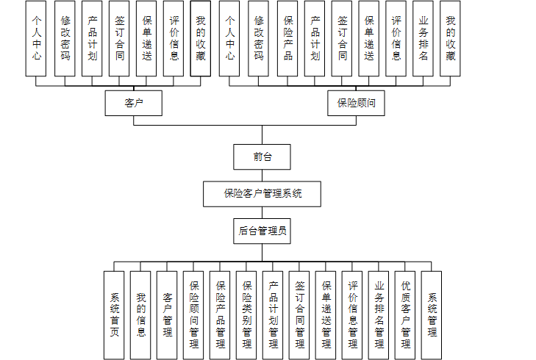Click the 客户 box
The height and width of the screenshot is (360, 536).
coord(133,103)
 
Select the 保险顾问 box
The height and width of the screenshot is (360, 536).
coord(356,103)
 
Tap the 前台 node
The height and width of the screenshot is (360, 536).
coord(262,156)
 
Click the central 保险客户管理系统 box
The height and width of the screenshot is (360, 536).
coord(262,194)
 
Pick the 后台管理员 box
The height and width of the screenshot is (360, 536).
coord(262,231)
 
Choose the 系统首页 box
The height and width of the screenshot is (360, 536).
coord(114,315)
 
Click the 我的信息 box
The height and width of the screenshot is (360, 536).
coord(140,315)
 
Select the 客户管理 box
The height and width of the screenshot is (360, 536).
coord(167,315)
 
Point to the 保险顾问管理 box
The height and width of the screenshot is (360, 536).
coord(193,315)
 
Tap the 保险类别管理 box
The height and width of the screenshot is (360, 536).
coord(246,315)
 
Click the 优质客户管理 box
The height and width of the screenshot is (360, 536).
coord(405,315)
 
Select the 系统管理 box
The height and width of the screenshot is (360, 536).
coord(432,315)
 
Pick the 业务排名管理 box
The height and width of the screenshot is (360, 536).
coord(379,315)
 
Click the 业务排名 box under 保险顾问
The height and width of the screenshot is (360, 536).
coord(424,39)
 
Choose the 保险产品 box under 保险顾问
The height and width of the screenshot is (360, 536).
coord(287,39)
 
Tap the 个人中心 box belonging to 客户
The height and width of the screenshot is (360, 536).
coord(36,39)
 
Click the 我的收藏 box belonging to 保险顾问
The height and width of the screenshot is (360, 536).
coord(450,39)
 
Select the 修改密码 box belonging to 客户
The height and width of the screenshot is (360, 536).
coord(65,39)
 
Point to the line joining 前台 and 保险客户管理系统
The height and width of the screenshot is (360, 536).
coord(262,176)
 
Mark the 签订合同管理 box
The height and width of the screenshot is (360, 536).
coord(299,315)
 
